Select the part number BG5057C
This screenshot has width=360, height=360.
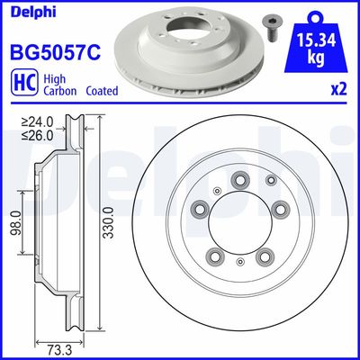pyautogui.click(x=53, y=53)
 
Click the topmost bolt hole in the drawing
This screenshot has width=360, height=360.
pyautogui.click(x=241, y=181)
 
